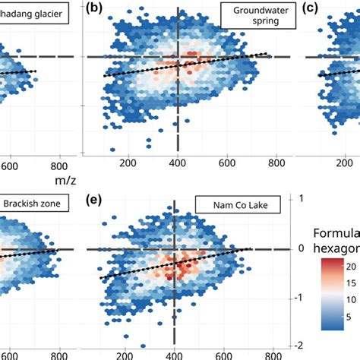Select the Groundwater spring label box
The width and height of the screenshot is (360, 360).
pos(252,16)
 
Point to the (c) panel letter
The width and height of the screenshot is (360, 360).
pos(312,8)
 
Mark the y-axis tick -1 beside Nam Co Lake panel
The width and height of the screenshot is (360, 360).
pos(302,297)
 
